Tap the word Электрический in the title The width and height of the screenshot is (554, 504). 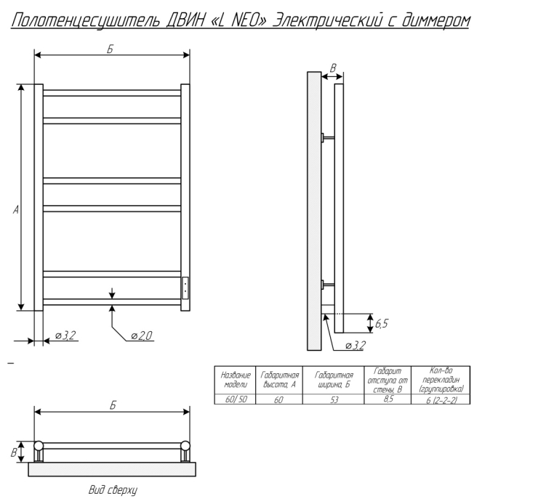327,21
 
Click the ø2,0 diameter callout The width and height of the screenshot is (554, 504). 141,336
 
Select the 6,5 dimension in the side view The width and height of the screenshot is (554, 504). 382,323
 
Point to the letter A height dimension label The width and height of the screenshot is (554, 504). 16,210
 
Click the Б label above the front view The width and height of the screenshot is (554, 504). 111,49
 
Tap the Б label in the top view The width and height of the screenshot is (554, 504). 113,405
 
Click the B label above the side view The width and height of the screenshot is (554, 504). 333,68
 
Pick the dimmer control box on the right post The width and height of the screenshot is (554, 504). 185,288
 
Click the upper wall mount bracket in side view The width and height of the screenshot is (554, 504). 328,137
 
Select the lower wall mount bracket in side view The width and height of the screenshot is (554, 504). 328,285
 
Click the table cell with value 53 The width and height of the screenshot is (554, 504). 334,399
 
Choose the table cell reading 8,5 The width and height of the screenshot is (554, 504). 388,399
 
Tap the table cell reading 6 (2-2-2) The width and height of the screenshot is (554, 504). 441,399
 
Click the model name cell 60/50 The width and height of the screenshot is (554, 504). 235,399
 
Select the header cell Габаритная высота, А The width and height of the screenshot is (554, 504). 279,380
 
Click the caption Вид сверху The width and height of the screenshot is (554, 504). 113,490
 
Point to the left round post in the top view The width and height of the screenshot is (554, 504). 39,446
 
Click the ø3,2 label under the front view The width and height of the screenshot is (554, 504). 65,335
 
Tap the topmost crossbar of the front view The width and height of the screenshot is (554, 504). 112,93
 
